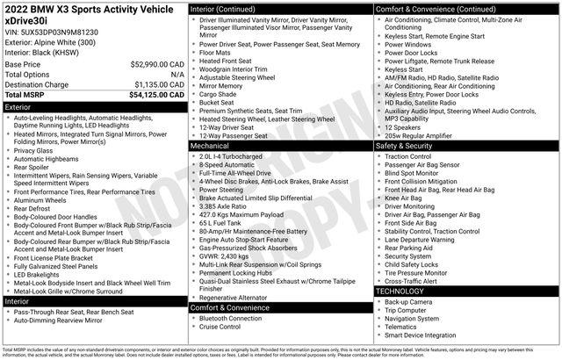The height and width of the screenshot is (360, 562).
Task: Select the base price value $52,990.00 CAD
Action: [155, 65]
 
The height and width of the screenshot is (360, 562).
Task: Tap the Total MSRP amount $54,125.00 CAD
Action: [155, 94]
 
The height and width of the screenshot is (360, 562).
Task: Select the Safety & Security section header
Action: [409, 146]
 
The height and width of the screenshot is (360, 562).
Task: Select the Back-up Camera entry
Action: [408, 301]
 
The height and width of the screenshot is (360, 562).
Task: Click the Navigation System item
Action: [414, 319]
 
